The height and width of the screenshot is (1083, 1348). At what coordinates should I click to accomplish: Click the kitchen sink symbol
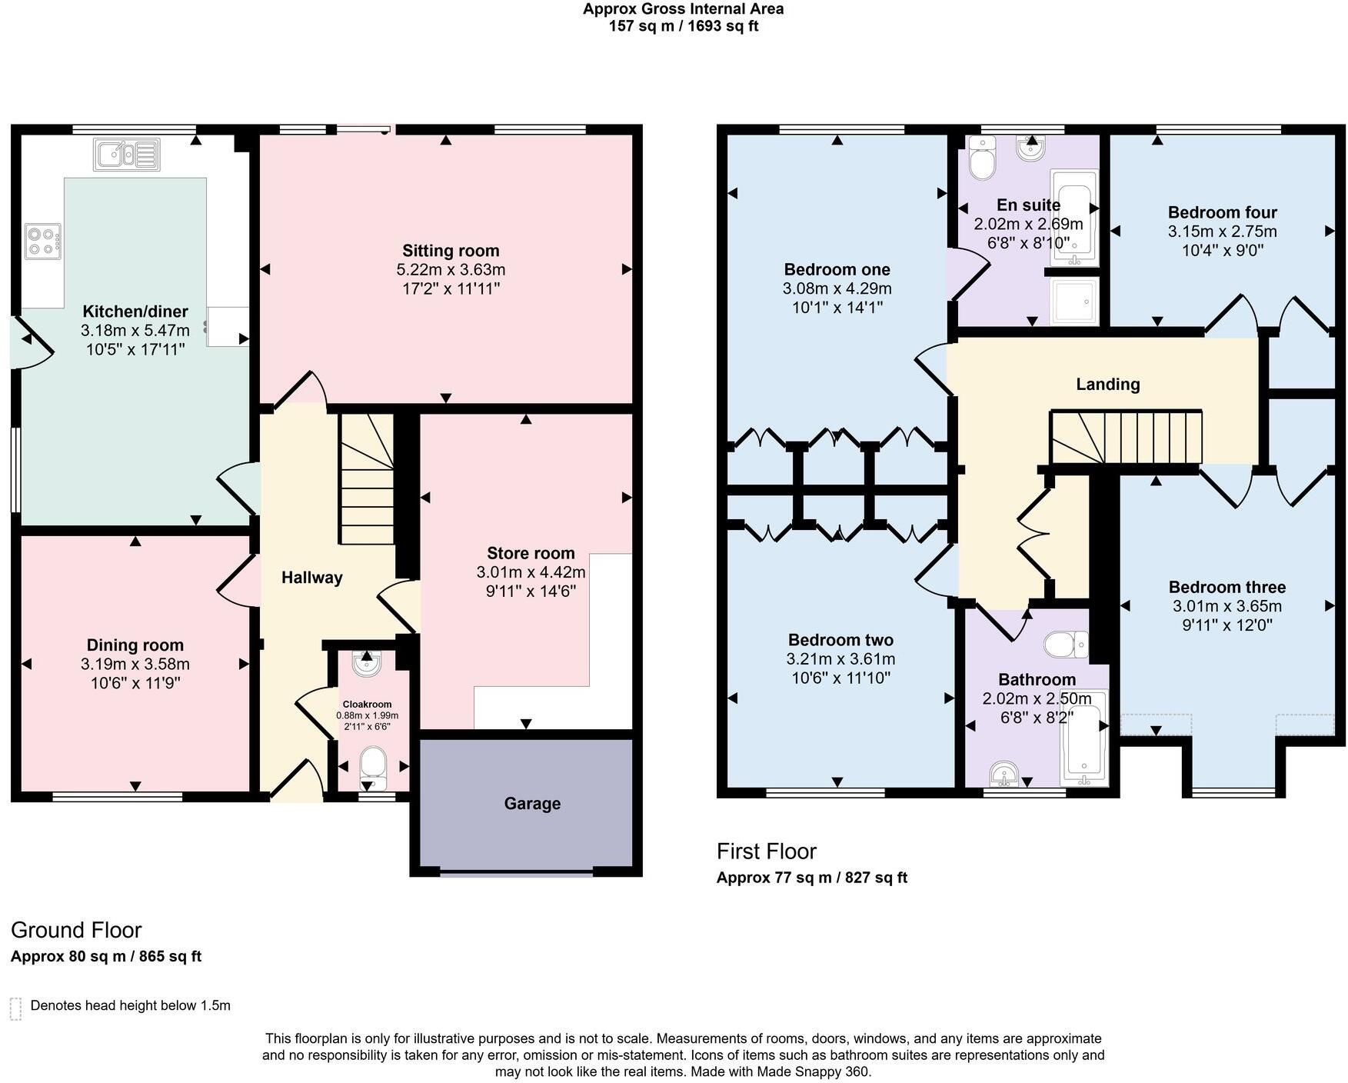click(127, 154)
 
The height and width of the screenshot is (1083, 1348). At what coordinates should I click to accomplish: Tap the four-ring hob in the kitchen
click(42, 241)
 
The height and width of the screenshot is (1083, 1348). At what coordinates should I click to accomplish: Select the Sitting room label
click(451, 251)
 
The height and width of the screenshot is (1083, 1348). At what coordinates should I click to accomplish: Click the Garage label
click(532, 804)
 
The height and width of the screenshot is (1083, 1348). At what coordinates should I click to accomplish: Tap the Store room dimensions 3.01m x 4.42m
click(531, 572)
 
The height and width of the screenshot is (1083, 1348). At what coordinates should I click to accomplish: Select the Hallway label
click(311, 578)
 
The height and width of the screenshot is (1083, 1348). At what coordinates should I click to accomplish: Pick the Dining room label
click(135, 645)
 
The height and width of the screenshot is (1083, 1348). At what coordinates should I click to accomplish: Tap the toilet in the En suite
click(982, 158)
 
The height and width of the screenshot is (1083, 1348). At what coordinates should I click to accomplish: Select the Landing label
click(1107, 384)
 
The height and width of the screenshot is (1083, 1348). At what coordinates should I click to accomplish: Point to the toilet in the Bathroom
click(1066, 645)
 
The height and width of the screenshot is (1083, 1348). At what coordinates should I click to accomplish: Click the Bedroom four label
click(1222, 212)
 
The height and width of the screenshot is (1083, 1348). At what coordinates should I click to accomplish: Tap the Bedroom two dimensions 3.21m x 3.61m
click(840, 659)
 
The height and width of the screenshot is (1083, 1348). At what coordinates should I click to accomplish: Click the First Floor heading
click(766, 851)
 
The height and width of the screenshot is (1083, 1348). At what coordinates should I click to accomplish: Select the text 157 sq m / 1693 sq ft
click(684, 26)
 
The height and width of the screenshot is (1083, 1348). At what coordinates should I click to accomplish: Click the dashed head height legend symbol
click(15, 1008)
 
